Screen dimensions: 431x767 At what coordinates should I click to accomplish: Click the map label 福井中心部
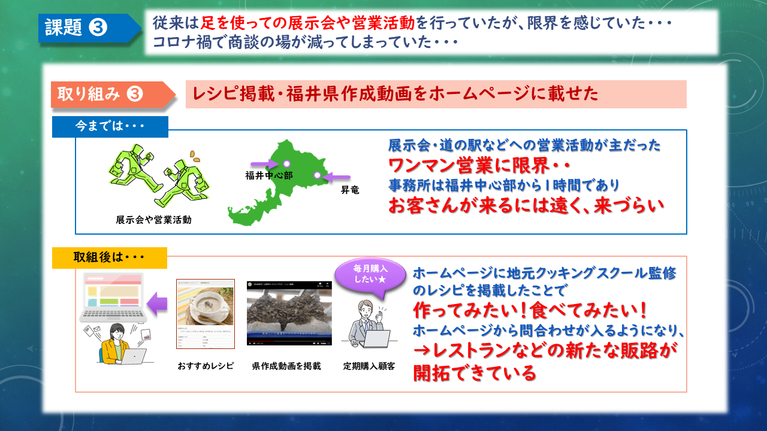tap(269, 175)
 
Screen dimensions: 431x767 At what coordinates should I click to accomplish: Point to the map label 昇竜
tap(350, 190)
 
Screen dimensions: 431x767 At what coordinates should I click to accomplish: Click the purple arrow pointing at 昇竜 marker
tap(338, 177)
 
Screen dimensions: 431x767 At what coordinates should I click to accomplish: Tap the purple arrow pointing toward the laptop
tap(157, 303)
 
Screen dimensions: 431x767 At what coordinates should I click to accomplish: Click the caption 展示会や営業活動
tap(154, 220)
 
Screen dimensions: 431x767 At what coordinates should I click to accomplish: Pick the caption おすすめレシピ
tap(206, 366)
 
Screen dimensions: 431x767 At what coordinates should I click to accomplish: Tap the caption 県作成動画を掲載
tap(286, 366)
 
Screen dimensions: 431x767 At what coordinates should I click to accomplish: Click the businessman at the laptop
tap(368, 324)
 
